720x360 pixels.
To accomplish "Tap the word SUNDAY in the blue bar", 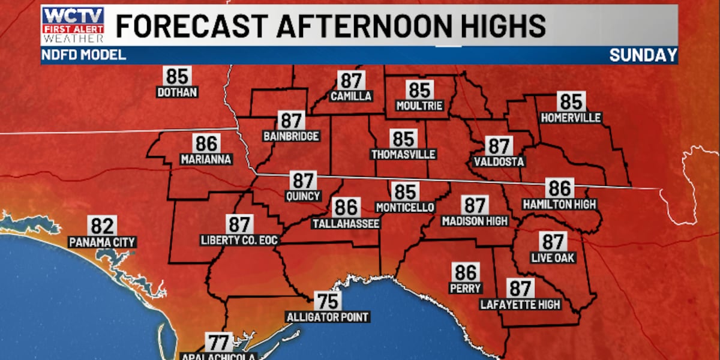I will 643,55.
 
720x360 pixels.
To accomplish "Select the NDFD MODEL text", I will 84,55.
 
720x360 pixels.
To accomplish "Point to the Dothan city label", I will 177,92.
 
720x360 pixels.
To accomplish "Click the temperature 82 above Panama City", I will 102,226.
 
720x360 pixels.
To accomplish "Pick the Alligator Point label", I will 328,317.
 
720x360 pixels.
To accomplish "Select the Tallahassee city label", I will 346,224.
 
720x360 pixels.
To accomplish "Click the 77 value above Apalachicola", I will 219,343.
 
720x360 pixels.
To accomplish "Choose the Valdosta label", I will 499,162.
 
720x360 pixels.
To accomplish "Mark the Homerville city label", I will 571,118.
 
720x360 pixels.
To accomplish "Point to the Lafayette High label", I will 520,304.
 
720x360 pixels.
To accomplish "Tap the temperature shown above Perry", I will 466,272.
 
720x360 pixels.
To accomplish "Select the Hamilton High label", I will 559,204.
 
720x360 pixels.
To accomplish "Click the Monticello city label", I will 405,208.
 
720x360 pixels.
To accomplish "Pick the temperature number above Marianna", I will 206,143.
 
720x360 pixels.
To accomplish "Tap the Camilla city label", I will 351,96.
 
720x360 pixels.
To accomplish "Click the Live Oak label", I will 553,258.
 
